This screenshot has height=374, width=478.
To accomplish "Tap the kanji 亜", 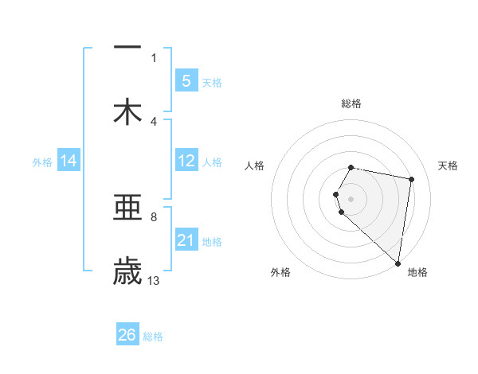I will coord(127,208).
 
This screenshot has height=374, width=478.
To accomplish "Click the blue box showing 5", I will coord(186,80).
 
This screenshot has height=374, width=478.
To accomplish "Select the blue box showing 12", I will coord(186,161).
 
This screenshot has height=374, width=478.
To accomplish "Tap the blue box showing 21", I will coord(186,240).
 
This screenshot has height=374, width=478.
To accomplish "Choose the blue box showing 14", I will coord(69,161).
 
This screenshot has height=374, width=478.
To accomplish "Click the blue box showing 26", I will coord(127,335).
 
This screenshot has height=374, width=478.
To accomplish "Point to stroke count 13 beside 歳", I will coord(154,280).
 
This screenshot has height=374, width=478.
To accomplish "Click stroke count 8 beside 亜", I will coord(154,216).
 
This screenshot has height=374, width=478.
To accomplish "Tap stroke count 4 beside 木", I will coord(154,121).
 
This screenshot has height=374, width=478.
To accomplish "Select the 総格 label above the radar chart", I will coord(351,103).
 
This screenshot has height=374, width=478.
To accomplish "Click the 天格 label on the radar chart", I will coord(449,166).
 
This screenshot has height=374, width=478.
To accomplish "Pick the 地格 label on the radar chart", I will coord(417,272).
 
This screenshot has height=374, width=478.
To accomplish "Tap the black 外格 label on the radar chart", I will coord(280,272).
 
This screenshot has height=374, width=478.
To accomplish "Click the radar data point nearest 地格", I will coord(398,263).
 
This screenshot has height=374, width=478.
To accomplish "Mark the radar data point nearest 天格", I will coord(411,179).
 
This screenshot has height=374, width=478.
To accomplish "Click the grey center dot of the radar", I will coord(351,198).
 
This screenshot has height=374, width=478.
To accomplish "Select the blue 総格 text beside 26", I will coord(153,337).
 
